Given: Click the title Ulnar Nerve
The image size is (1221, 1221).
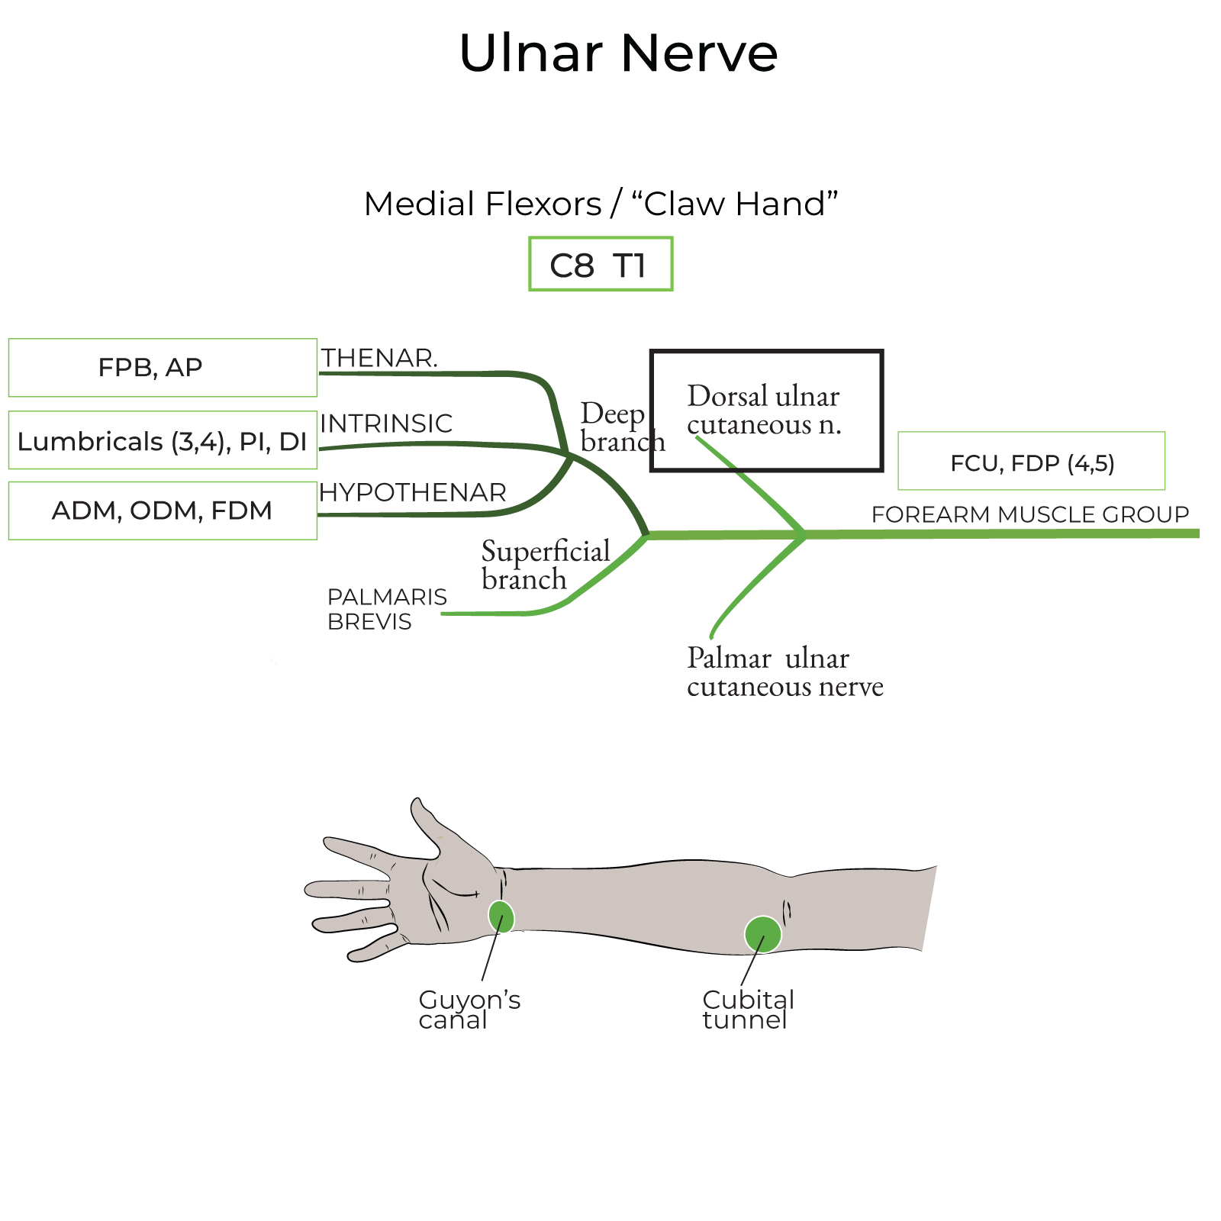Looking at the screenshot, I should [618, 53].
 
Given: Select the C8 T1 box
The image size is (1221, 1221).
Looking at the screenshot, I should [601, 264].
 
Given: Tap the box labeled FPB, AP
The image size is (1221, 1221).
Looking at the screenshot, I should [163, 368].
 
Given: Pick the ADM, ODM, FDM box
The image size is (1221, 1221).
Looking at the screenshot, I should [163, 511].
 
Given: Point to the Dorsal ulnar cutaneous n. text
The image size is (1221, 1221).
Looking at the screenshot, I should [763, 410].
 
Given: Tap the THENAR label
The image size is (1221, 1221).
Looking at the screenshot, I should [379, 358].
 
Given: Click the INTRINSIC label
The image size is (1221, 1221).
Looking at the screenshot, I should [386, 424].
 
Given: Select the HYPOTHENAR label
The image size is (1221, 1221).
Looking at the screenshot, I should [413, 493].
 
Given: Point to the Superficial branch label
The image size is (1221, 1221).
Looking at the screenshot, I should [545, 565].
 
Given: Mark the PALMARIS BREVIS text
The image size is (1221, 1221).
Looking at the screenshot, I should [386, 609].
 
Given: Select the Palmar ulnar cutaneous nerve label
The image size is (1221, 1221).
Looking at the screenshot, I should [784, 672].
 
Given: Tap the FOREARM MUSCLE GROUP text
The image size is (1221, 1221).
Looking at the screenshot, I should [1030, 514].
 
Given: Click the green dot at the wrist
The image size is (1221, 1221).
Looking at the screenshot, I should [501, 917].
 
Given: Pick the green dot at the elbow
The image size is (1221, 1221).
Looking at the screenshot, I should [763, 934].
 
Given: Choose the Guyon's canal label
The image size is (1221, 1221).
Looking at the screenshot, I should [469, 1009].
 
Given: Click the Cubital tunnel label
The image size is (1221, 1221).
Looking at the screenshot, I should [748, 1009].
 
